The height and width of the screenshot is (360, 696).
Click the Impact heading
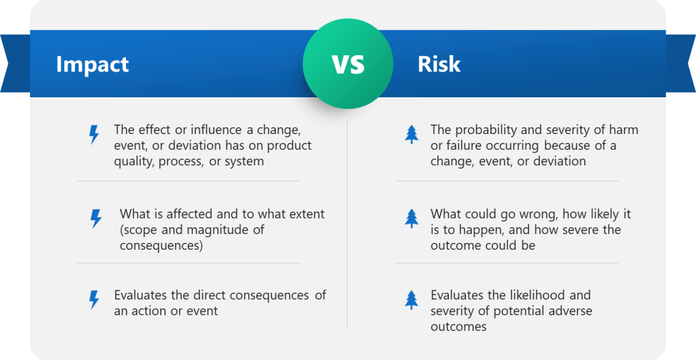(x=93, y=65)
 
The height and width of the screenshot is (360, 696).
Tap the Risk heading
(x=439, y=64)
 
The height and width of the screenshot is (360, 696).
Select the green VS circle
(x=348, y=64)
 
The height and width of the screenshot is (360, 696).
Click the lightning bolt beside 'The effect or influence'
(x=94, y=135)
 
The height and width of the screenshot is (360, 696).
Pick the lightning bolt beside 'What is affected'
(x=96, y=219)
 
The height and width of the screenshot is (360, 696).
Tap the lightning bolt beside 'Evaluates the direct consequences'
(x=94, y=300)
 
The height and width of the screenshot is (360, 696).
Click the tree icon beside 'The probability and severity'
(x=411, y=134)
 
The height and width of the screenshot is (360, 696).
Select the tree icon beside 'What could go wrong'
(x=411, y=218)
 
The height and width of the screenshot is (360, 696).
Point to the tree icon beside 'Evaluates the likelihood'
(x=411, y=300)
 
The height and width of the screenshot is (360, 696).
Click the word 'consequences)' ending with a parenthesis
(x=161, y=246)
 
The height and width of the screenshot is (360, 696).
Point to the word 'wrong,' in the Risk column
(x=538, y=215)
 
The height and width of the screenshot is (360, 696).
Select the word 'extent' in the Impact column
(x=308, y=214)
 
